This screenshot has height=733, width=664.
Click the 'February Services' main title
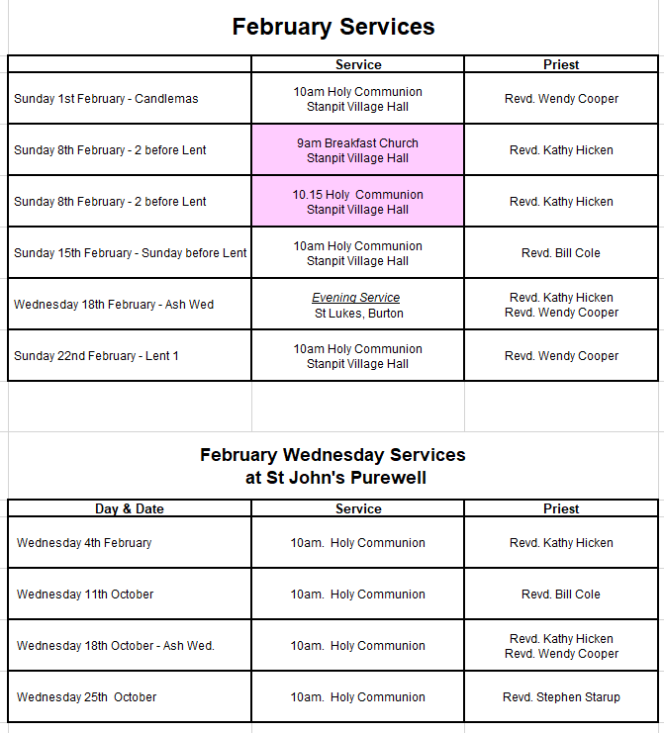click(x=332, y=27)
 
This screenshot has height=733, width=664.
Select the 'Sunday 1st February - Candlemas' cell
click(x=106, y=99)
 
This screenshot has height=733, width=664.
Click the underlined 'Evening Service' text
click(x=356, y=298)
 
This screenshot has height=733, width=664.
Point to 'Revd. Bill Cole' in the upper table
click(x=561, y=253)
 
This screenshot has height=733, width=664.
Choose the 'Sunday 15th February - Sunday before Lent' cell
click(x=130, y=253)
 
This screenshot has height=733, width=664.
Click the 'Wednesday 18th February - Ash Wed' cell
click(x=114, y=305)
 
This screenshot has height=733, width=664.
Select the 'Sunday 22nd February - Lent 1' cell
click(x=96, y=356)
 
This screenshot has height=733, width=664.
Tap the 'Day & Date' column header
click(x=130, y=508)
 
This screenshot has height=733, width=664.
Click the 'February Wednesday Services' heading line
click(x=332, y=455)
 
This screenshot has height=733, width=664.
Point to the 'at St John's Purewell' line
click(x=332, y=479)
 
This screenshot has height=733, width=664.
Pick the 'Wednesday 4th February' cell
click(x=84, y=543)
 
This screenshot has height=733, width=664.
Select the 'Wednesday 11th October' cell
click(x=85, y=595)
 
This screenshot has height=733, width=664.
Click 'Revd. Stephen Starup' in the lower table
click(x=561, y=697)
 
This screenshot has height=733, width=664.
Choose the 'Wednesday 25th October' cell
click(x=86, y=697)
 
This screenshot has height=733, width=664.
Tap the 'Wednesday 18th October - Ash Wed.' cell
click(x=115, y=646)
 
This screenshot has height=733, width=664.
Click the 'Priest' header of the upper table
click(x=561, y=64)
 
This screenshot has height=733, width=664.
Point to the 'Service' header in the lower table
click(x=358, y=508)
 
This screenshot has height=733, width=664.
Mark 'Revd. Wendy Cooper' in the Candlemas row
click(x=561, y=99)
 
